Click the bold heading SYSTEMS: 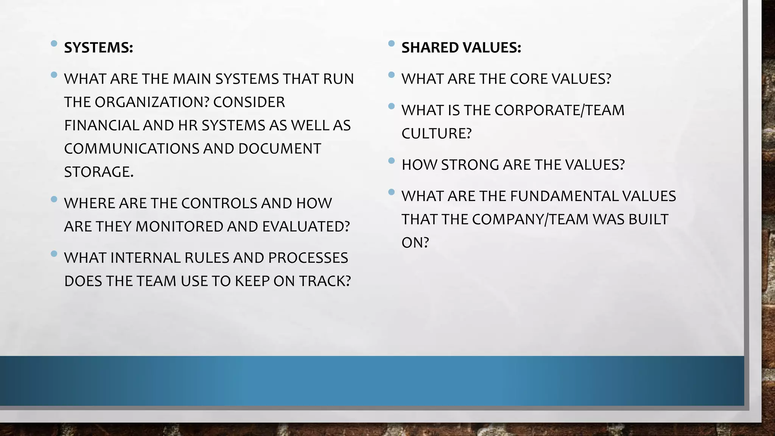pyautogui.click(x=98, y=48)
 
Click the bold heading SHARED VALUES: pyautogui.click(x=461, y=48)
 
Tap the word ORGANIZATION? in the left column pyautogui.click(x=151, y=102)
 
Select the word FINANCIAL pyautogui.click(x=101, y=125)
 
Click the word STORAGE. pyautogui.click(x=99, y=172)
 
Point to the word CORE pyautogui.click(x=528, y=79)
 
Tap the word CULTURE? pyautogui.click(x=436, y=134)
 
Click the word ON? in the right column pyautogui.click(x=415, y=243)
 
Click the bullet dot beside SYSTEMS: pyautogui.click(x=54, y=44)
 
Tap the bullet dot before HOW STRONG pyautogui.click(x=391, y=161)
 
